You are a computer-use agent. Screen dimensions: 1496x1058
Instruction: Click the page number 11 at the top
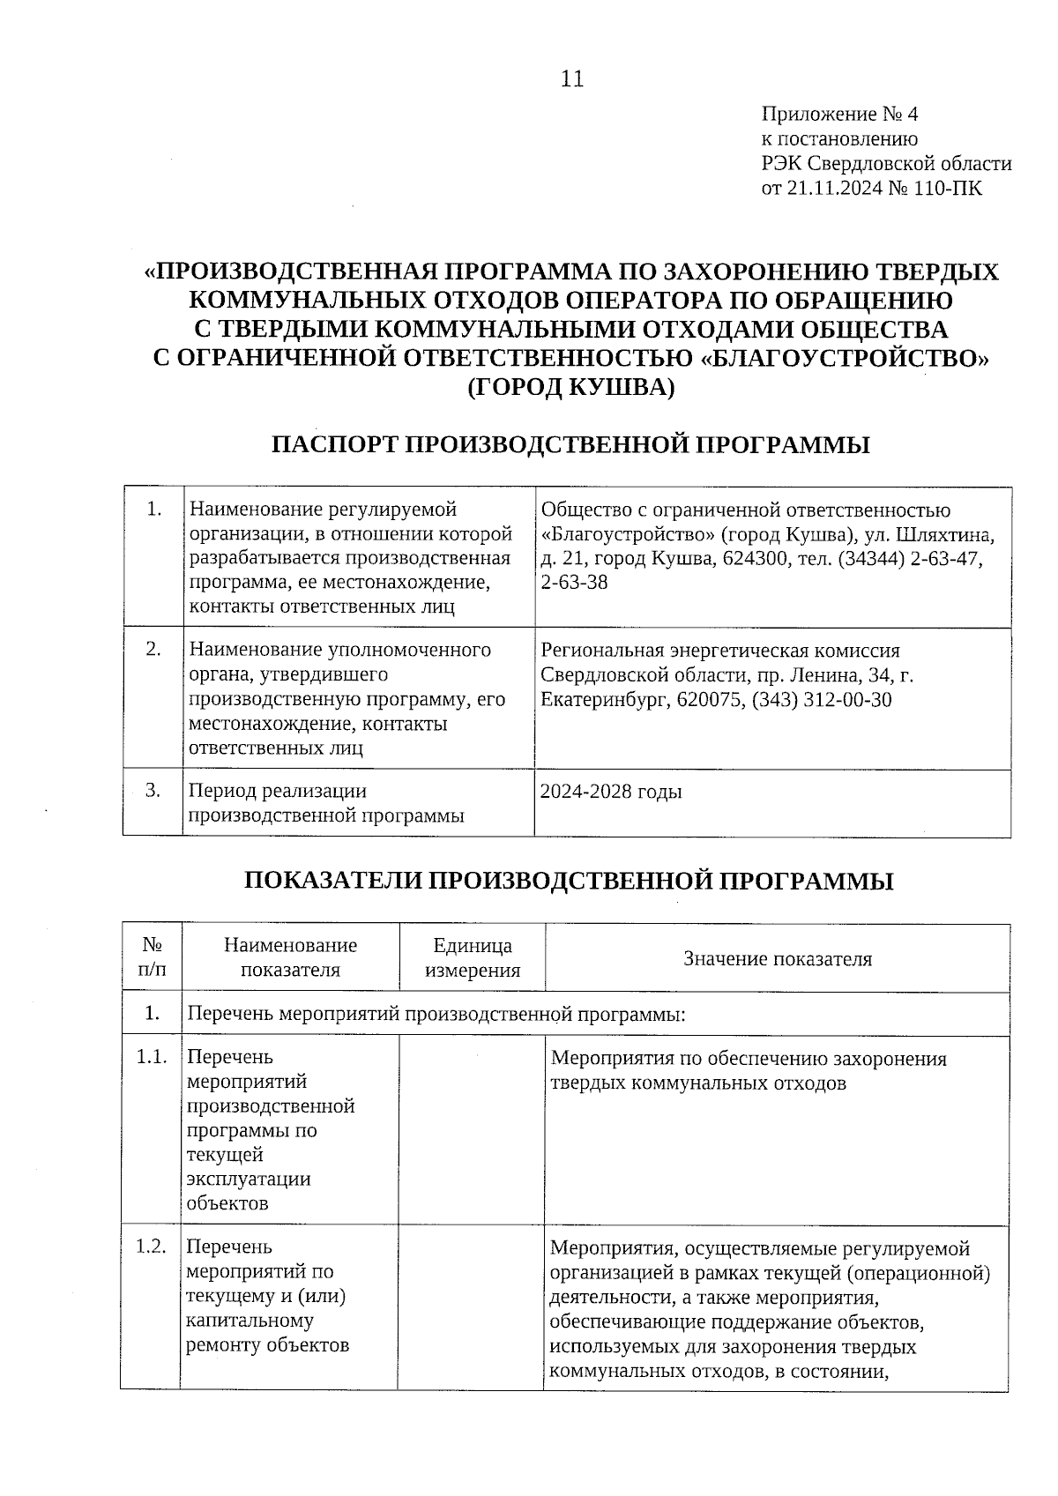(571, 79)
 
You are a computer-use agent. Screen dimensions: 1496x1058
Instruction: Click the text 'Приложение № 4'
(839, 115)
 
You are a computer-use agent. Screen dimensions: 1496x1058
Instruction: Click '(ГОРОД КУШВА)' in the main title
(570, 387)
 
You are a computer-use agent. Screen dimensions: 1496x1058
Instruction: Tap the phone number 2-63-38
(574, 583)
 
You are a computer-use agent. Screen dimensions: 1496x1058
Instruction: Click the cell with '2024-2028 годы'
(611, 792)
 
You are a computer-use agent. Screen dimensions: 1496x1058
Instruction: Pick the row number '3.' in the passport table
(153, 790)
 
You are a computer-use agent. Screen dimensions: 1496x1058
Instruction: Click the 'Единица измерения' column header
(473, 958)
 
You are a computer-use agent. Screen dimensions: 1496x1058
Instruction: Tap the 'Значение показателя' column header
(778, 959)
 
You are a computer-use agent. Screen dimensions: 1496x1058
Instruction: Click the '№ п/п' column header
(152, 958)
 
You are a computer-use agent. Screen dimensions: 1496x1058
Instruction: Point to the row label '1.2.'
(152, 1247)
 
